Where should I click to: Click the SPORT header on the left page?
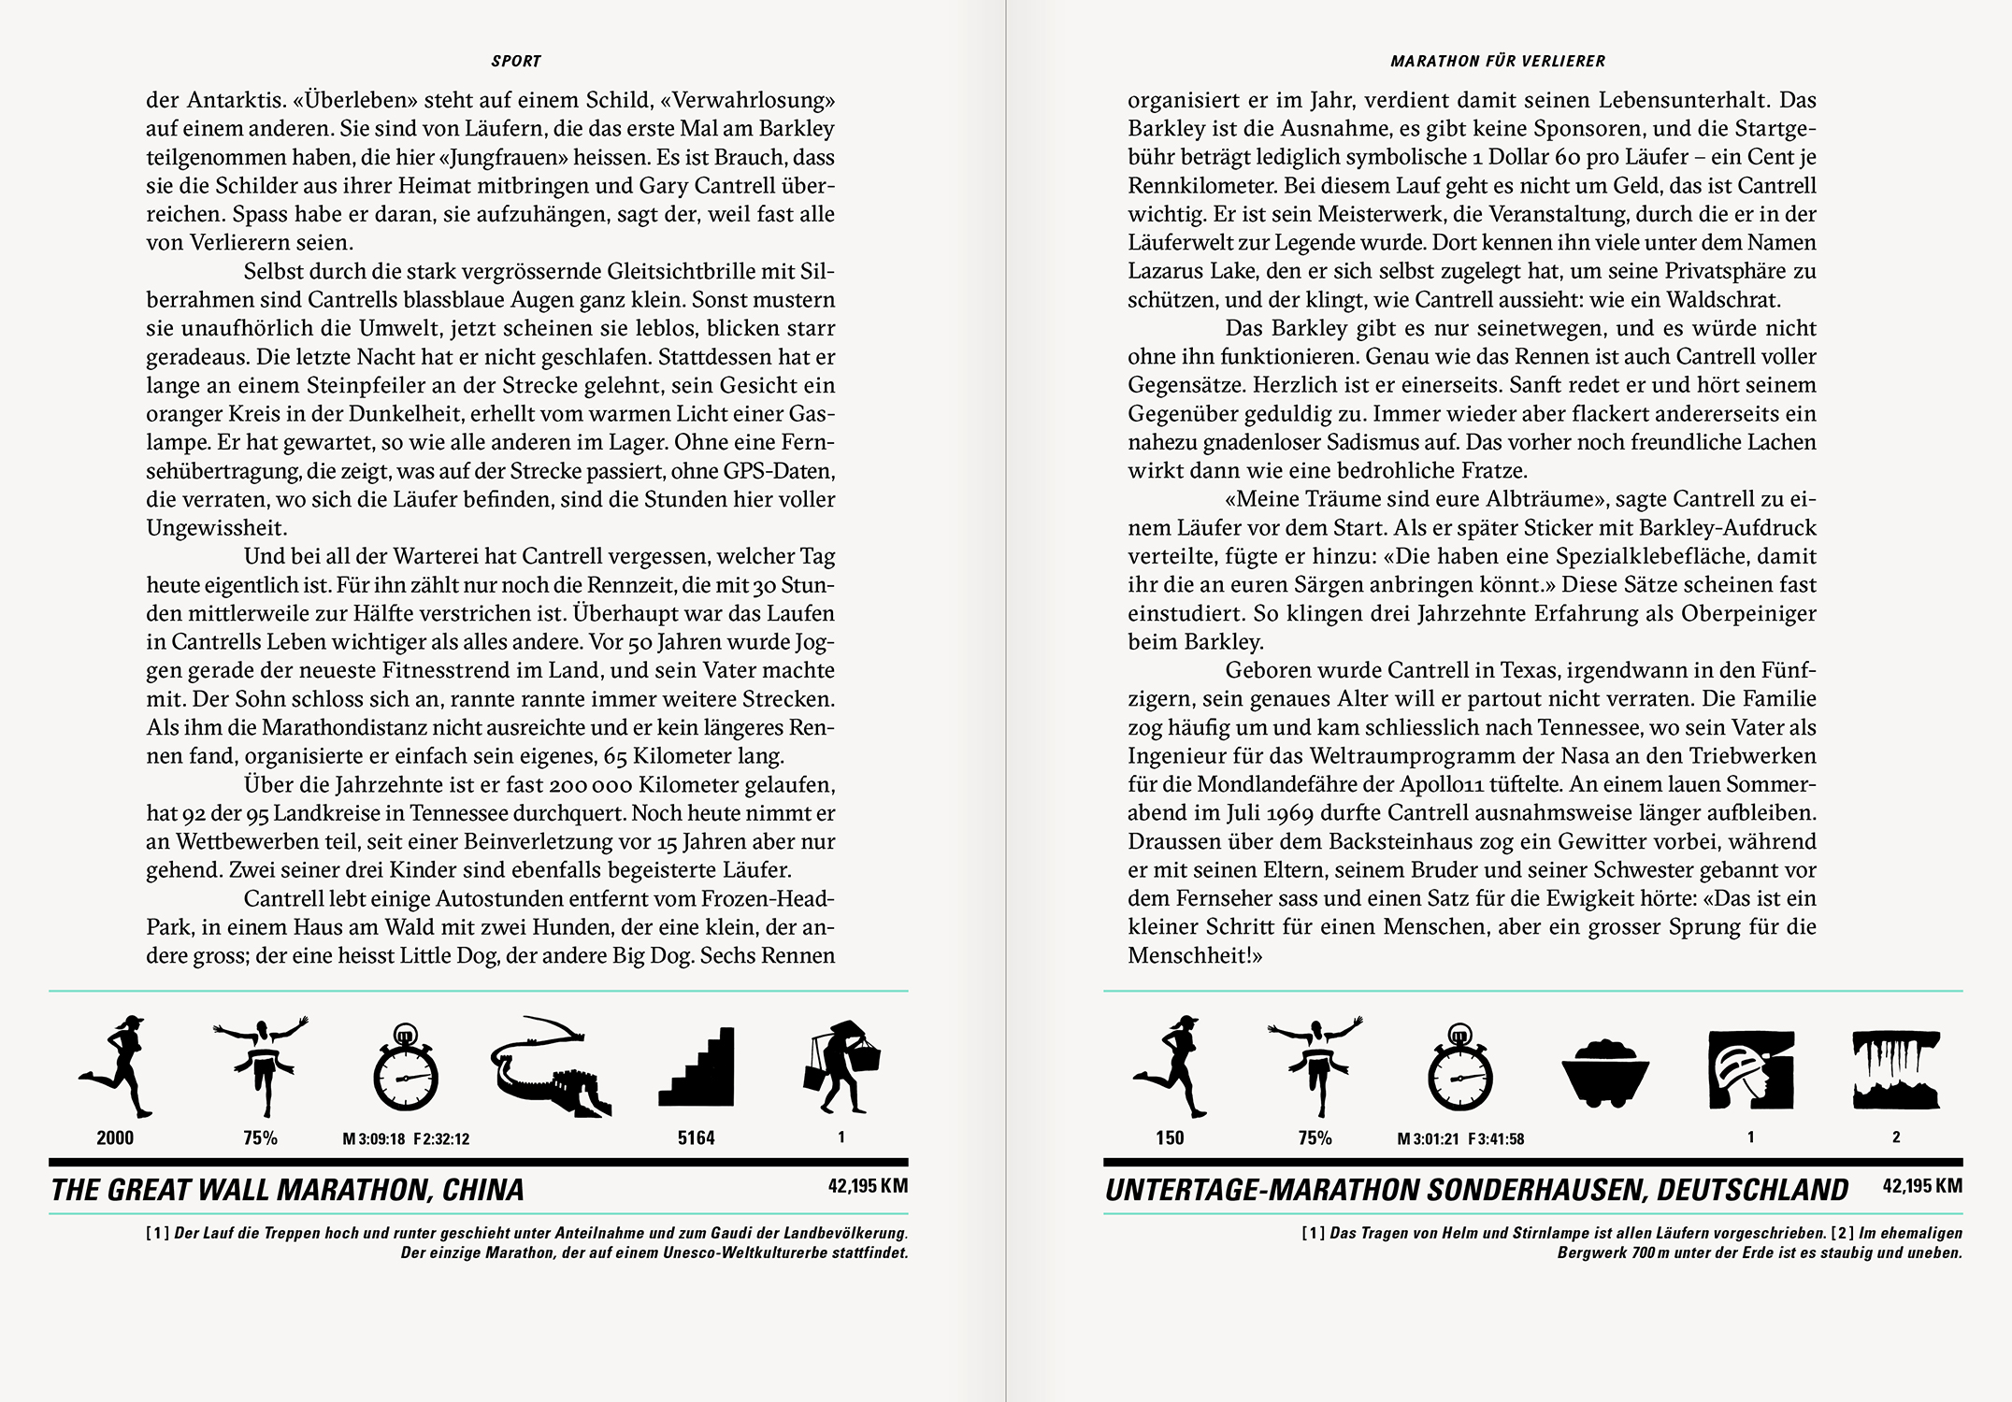click(x=516, y=62)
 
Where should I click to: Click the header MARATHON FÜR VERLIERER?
click(x=1498, y=62)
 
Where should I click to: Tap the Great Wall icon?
click(x=551, y=1066)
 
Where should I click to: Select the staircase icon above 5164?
click(x=697, y=1067)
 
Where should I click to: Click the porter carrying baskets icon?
click(x=841, y=1066)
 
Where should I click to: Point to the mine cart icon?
click(x=1604, y=1072)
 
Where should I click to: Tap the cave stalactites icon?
click(x=1896, y=1069)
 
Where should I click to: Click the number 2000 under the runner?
click(x=115, y=1137)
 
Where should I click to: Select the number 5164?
click(x=697, y=1137)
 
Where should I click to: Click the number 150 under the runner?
click(x=1170, y=1137)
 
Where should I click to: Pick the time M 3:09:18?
click(x=373, y=1139)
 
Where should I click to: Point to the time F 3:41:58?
click(x=1496, y=1139)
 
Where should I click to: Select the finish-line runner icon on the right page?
click(x=1315, y=1066)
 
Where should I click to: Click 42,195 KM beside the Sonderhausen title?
click(x=1922, y=1186)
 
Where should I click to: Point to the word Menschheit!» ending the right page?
click(x=1195, y=955)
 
